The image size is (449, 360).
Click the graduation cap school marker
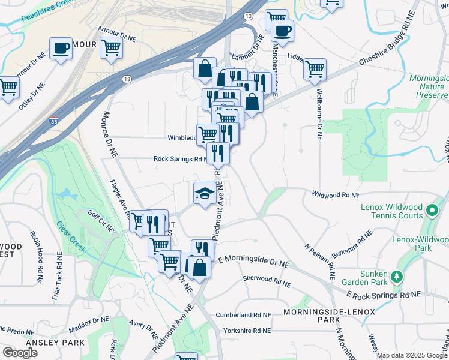tap(205, 193)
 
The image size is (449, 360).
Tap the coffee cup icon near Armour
tap(61, 49)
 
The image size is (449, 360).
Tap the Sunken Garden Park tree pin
tap(396, 277)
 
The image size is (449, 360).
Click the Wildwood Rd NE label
tap(336, 194)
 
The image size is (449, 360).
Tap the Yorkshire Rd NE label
tap(246, 331)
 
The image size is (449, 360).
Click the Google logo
tap(20, 353)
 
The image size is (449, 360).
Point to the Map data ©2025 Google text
tap(412, 355)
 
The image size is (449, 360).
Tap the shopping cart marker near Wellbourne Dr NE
tap(315, 70)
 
